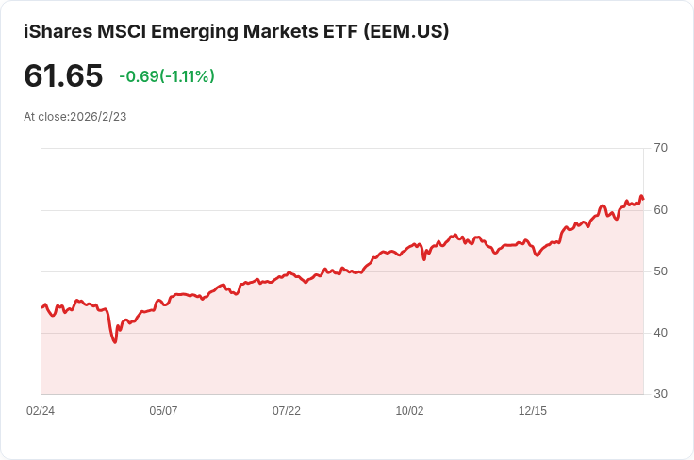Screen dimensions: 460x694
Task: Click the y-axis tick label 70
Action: pyautogui.click(x=660, y=148)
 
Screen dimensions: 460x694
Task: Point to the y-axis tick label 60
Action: pyautogui.click(x=660, y=209)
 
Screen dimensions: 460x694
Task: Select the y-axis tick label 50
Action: pyautogui.click(x=660, y=271)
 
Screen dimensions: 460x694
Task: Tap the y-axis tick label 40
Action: pyautogui.click(x=660, y=333)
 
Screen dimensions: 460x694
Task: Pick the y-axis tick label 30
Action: pyautogui.click(x=660, y=394)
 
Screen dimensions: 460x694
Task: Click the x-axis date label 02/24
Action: pyautogui.click(x=41, y=411)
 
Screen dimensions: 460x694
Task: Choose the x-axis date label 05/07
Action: pyautogui.click(x=164, y=411)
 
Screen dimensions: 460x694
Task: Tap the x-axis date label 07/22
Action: pyautogui.click(x=287, y=411)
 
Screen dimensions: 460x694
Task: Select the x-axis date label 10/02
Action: pyautogui.click(x=410, y=411)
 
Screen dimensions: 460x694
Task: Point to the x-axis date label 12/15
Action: pyautogui.click(x=533, y=411)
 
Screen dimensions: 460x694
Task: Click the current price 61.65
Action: pyautogui.click(x=63, y=75)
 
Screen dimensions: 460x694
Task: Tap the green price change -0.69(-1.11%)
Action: pyautogui.click(x=167, y=76)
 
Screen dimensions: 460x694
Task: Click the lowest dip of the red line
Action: pyautogui.click(x=115, y=341)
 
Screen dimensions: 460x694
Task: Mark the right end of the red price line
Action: pyautogui.click(x=643, y=199)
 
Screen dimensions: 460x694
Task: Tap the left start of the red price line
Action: pyautogui.click(x=41, y=307)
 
